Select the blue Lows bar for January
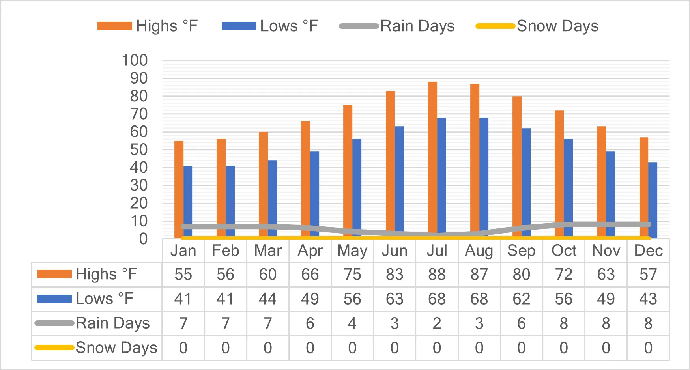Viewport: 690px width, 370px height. [x=188, y=202]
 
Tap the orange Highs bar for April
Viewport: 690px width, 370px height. [x=305, y=179]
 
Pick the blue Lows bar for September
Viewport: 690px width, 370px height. [x=526, y=183]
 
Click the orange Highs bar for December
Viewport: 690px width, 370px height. [x=644, y=188]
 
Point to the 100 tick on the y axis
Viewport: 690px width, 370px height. [x=135, y=60]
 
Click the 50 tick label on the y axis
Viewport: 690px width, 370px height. [x=139, y=149]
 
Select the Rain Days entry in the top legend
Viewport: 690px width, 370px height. [x=397, y=26]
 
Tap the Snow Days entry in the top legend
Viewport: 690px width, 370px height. [x=537, y=26]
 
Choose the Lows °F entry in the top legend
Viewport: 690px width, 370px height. [x=270, y=26]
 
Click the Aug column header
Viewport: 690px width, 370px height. [x=479, y=251]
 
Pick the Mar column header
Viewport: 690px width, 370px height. [x=268, y=251]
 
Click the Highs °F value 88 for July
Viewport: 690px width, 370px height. [x=437, y=275]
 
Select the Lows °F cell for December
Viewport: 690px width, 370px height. [x=648, y=299]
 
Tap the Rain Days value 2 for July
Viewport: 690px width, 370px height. [x=437, y=323]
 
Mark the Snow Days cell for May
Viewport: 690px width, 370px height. [x=352, y=348]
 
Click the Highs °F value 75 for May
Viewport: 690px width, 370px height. [x=352, y=275]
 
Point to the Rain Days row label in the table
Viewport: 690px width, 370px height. [x=92, y=323]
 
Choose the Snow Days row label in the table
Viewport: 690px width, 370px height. [x=96, y=348]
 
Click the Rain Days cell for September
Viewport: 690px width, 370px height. [x=521, y=323]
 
